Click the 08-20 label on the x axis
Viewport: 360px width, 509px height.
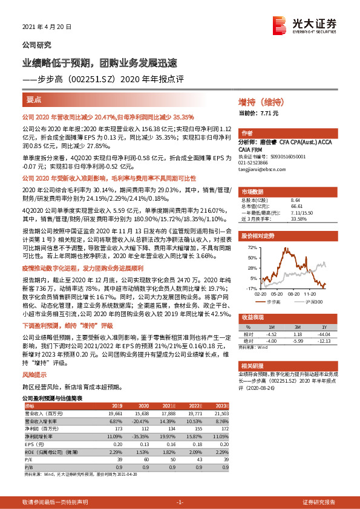pos(293,293)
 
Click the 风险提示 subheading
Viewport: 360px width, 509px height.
pos(34,375)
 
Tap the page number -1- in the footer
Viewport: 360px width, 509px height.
pos(180,502)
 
